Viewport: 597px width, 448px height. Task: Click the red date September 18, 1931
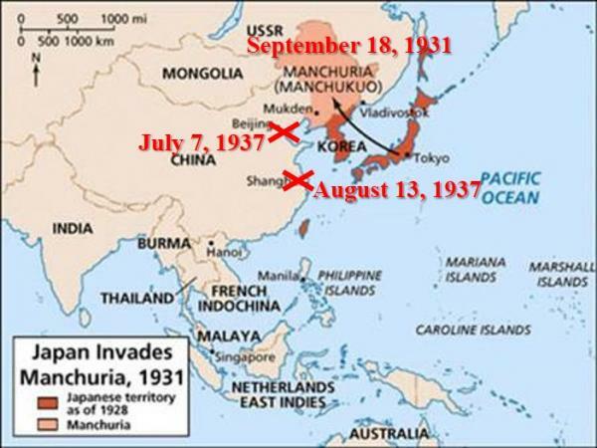click(x=348, y=46)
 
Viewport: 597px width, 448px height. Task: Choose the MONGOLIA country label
click(x=202, y=73)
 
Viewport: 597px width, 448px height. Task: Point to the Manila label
click(x=280, y=275)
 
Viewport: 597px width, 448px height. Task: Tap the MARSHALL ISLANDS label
click(x=560, y=274)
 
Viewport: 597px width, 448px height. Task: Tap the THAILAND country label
click(x=138, y=298)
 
